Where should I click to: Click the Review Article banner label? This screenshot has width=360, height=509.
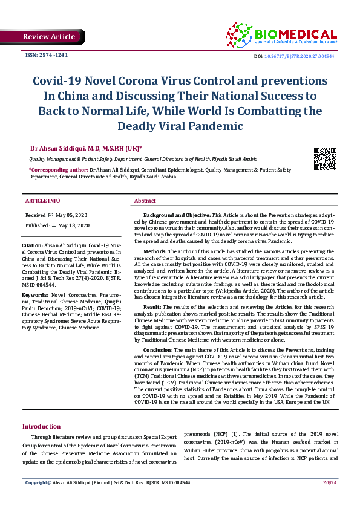coord(49,37)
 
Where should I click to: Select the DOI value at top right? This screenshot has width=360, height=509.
coord(312,56)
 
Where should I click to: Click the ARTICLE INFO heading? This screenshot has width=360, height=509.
coord(42,201)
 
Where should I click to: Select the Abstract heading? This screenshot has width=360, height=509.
coord(145,201)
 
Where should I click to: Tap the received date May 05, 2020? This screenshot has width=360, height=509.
coord(73,215)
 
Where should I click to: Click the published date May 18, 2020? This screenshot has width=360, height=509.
coord(74,225)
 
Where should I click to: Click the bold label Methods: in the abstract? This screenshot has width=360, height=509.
coord(155,250)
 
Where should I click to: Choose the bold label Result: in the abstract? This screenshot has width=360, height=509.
coord(152,307)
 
